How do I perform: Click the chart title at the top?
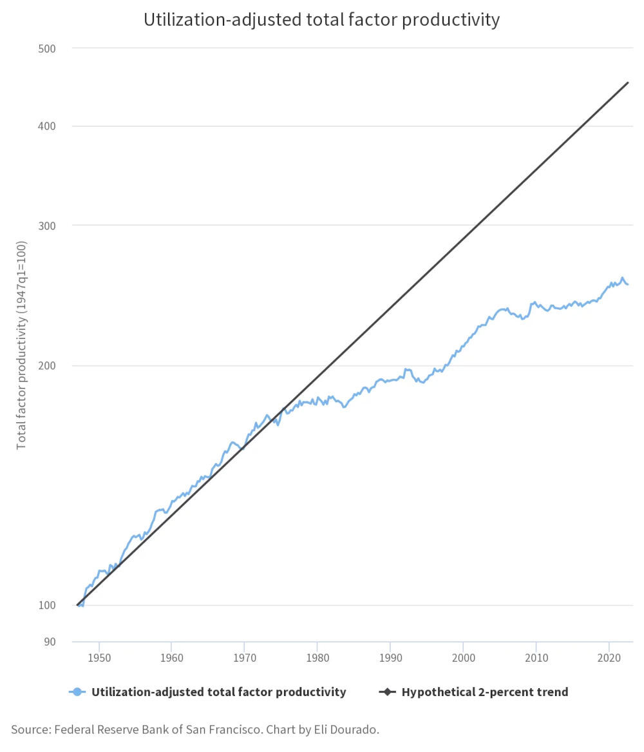tap(321, 20)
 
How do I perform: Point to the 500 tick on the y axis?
tap(48, 48)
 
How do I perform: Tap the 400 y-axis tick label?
tap(48, 126)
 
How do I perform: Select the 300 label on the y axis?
tap(48, 226)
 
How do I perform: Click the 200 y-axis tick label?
tap(48, 366)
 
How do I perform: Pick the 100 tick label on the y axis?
tap(48, 606)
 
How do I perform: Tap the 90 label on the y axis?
tap(50, 642)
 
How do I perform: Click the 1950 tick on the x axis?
tap(99, 658)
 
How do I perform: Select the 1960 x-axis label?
tap(171, 658)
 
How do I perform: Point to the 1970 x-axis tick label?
tap(244, 658)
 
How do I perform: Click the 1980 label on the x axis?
tap(317, 658)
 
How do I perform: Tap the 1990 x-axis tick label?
tap(390, 658)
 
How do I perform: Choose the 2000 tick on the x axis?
tap(463, 658)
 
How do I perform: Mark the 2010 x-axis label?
tap(536, 658)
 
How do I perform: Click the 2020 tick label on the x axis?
tap(609, 658)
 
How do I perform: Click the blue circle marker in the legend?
tap(77, 692)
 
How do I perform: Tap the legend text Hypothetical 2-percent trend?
tap(484, 692)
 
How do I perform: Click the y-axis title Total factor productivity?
tap(21, 345)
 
